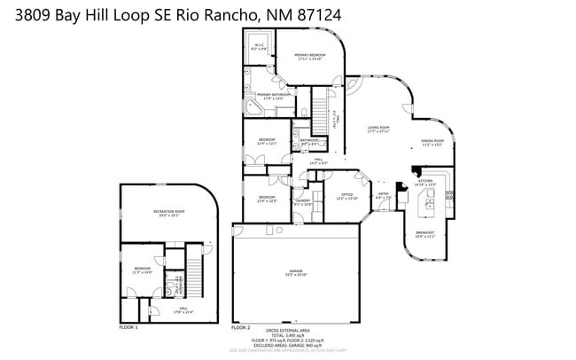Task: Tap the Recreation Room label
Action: [x=168, y=212]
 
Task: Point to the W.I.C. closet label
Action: [x=260, y=47]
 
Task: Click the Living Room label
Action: [x=379, y=129]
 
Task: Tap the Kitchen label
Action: [x=425, y=182]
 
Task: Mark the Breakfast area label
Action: [x=425, y=235]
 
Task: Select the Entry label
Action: [x=384, y=196]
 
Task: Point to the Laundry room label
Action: [x=302, y=202]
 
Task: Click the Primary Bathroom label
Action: [x=274, y=96]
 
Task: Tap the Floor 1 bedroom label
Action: [x=142, y=270]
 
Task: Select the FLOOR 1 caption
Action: [x=128, y=327]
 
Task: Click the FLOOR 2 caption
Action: [x=241, y=327]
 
